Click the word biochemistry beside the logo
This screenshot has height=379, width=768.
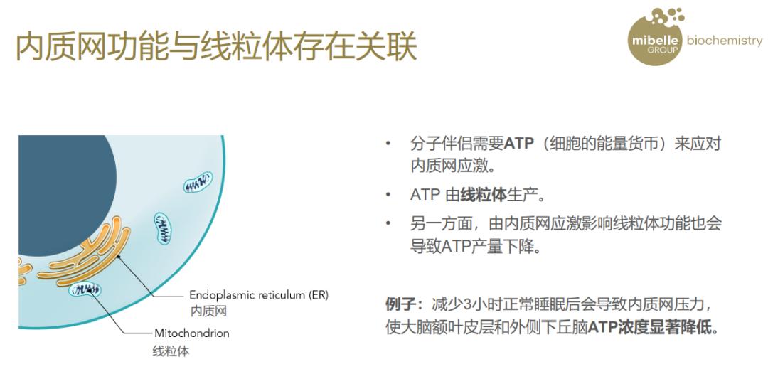coord(723,41)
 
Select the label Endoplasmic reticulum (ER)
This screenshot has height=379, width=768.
coord(258,295)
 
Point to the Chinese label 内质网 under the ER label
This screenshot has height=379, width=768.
coord(208,311)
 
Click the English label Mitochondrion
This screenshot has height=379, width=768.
coord(192,333)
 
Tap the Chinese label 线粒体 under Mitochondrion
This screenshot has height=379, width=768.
coord(171,351)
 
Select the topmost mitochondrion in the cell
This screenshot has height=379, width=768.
coord(198,182)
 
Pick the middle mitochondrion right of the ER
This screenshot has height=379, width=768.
coord(163,228)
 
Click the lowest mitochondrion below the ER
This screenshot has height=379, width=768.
coord(85,289)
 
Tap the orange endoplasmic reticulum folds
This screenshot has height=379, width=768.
coord(85,256)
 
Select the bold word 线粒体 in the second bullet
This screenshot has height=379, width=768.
coord(483,195)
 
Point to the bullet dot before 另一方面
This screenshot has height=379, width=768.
coord(388,224)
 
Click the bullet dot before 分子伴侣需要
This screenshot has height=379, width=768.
coord(388,144)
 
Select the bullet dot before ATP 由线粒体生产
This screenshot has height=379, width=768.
coord(388,195)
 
